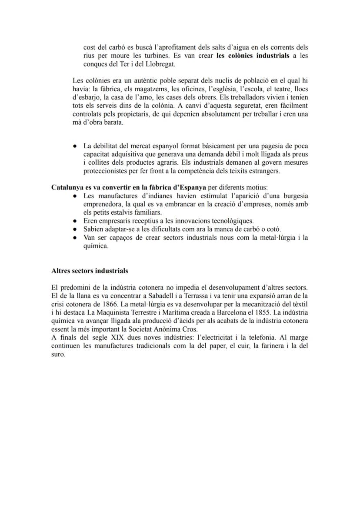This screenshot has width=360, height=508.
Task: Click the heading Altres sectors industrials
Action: [90, 271]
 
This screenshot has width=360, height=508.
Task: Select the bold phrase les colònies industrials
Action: [253, 56]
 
